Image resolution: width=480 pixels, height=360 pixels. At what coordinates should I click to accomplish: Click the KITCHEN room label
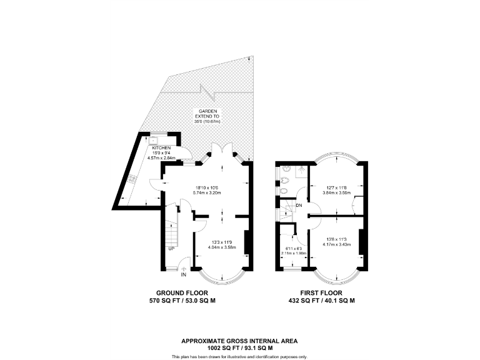pyautogui.click(x=153, y=148)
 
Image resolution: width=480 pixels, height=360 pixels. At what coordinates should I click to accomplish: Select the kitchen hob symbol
pyautogui.click(x=134, y=178)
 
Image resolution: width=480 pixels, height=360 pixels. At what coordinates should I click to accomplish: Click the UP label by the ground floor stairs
pyautogui.click(x=171, y=249)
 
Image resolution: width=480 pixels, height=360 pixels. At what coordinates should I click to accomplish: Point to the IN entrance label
pyautogui.click(x=184, y=274)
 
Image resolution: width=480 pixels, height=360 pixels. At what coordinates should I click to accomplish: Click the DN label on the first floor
pyautogui.click(x=299, y=206)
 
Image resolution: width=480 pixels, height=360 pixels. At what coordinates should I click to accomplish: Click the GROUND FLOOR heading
pyautogui.click(x=182, y=292)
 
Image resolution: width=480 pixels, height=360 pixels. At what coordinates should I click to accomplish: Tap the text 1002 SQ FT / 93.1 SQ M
pyautogui.click(x=239, y=347)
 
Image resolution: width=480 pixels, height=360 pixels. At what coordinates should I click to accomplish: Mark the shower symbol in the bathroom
pyautogui.click(x=300, y=169)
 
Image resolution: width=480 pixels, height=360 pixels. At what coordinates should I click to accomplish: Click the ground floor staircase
pyautogui.click(x=172, y=234)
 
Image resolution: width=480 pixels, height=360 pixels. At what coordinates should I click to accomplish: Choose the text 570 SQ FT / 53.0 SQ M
pyautogui.click(x=182, y=301)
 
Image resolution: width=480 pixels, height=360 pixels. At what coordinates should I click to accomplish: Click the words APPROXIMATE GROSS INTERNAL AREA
pyautogui.click(x=239, y=341)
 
